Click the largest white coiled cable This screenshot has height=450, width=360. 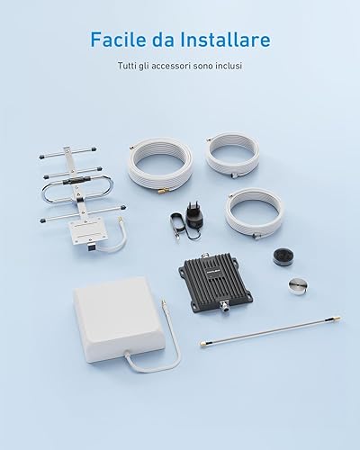point(159,166)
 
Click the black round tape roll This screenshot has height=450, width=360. point(283,256)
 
